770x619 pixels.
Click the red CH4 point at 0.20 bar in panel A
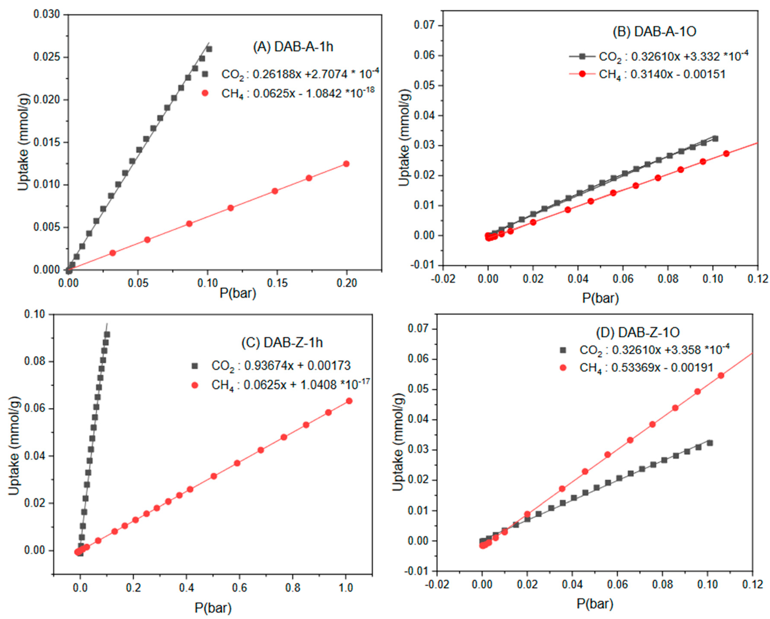[x=346, y=164]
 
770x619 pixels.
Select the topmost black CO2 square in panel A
[x=209, y=49]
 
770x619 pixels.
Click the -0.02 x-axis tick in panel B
[x=443, y=278]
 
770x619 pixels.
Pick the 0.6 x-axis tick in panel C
[x=239, y=588]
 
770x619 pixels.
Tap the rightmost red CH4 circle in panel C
[x=349, y=401]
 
